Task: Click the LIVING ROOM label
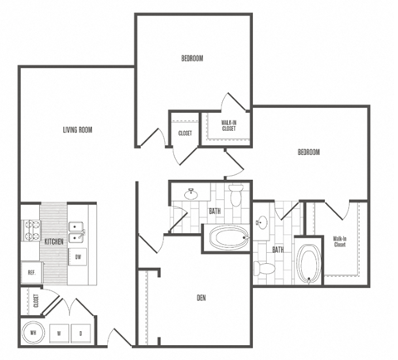click(x=76, y=129)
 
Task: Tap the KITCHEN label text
click(x=55, y=241)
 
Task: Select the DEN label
click(x=201, y=299)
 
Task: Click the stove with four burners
click(x=32, y=230)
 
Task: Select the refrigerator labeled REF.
click(x=32, y=273)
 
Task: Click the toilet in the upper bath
click(x=235, y=197)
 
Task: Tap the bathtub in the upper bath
click(x=226, y=240)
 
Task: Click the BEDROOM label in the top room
click(x=192, y=58)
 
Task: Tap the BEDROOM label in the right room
click(x=308, y=152)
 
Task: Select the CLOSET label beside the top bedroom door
click(x=186, y=133)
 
